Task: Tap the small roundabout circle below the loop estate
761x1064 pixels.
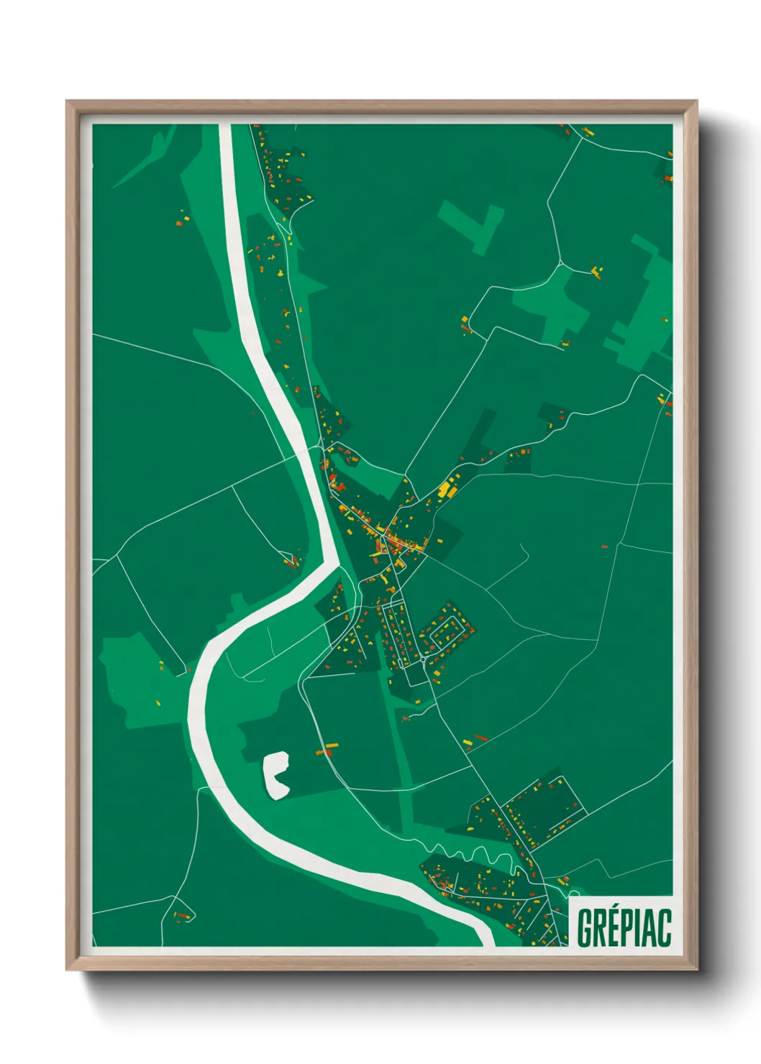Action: coord(424,658)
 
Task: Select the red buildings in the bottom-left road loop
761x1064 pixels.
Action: coord(183,916)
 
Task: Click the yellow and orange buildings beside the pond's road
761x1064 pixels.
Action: coord(327,749)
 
